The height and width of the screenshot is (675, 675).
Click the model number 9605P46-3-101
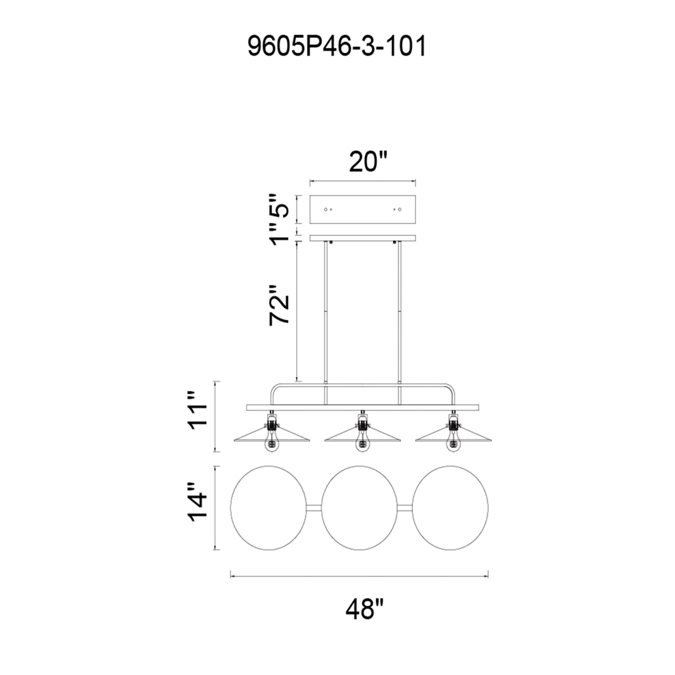337,47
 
